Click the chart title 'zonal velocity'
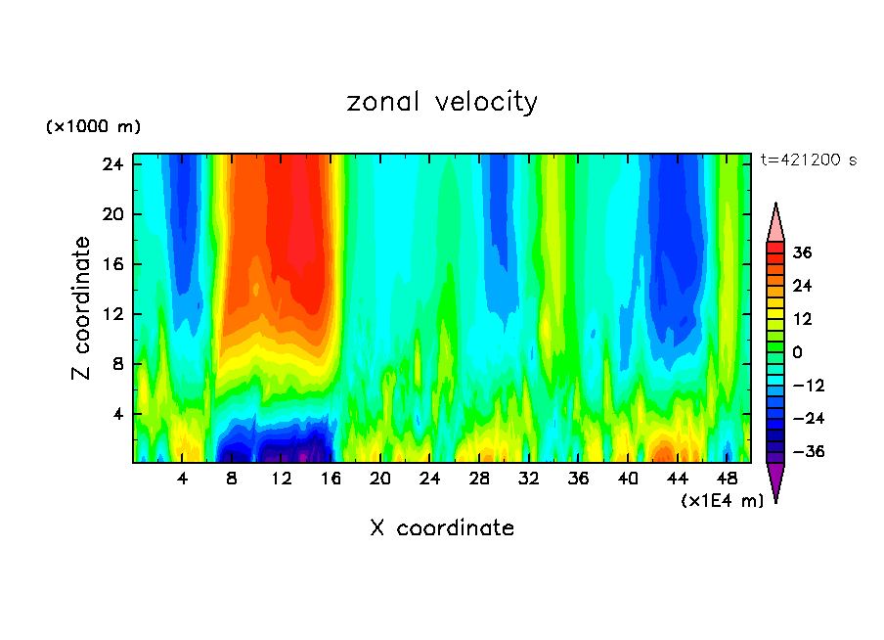[442, 102]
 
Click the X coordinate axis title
[442, 528]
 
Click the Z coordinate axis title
[82, 308]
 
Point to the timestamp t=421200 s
[808, 160]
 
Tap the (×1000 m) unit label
[93, 127]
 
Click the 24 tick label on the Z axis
[110, 164]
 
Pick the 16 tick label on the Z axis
[110, 264]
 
